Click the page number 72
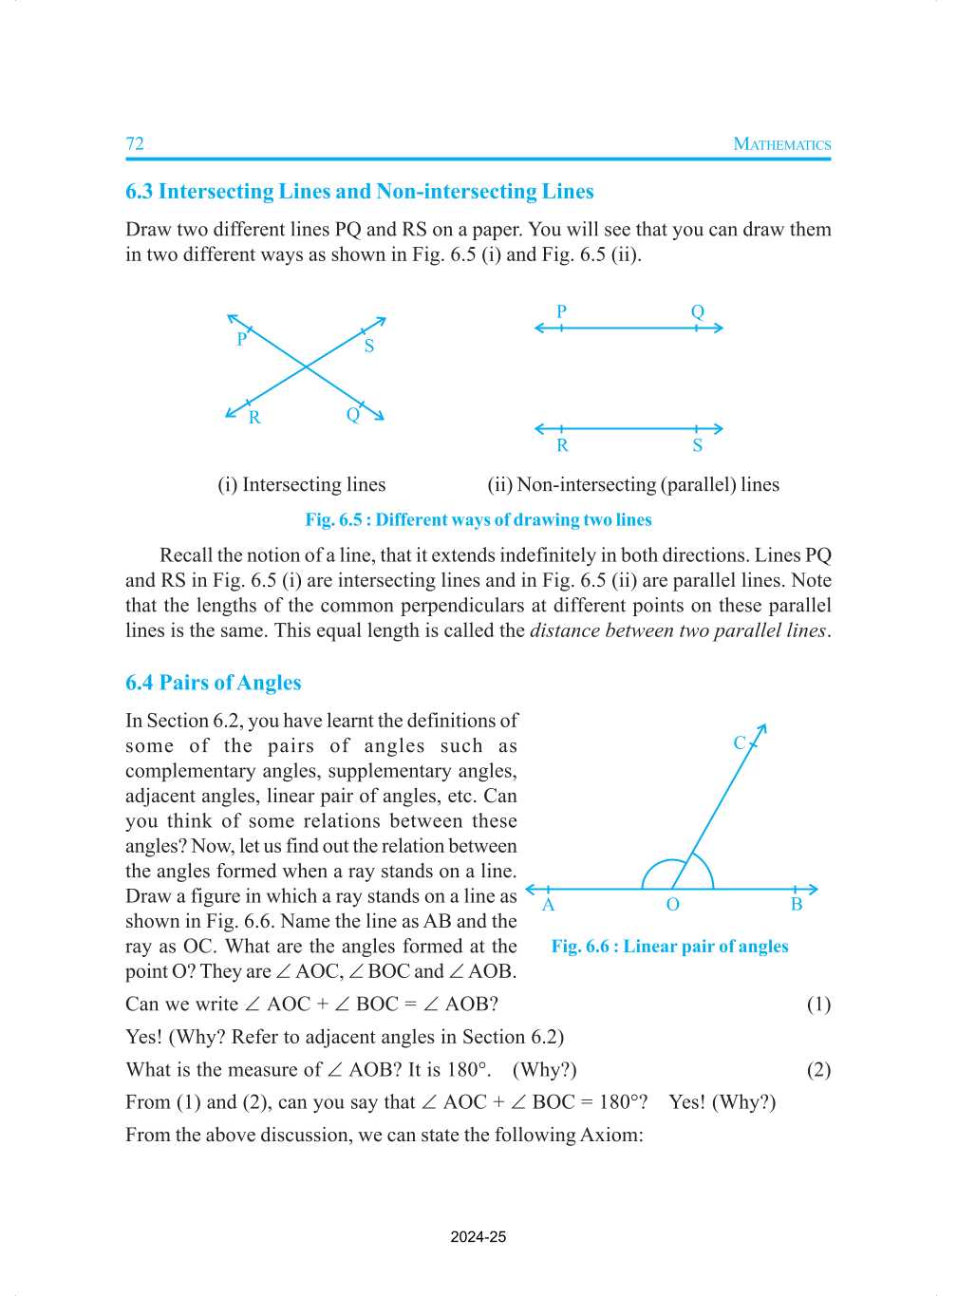(x=135, y=143)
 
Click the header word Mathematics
(x=781, y=144)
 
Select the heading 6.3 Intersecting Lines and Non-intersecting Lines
(x=359, y=191)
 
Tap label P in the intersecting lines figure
(x=241, y=339)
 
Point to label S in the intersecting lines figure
(x=369, y=347)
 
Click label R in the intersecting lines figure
(x=254, y=418)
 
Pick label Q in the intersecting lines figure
(x=352, y=415)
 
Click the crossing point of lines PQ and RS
(x=306, y=366)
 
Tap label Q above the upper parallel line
(x=698, y=311)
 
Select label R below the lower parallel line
(x=562, y=445)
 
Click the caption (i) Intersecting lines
(x=302, y=484)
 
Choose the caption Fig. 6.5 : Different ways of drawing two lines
(x=478, y=519)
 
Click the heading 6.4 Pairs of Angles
(x=214, y=683)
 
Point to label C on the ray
(x=740, y=742)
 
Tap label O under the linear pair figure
(x=672, y=905)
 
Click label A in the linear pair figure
(x=548, y=905)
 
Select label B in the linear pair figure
(x=797, y=905)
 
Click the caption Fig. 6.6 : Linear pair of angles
(x=669, y=946)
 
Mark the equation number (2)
(x=818, y=1070)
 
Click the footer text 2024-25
(x=478, y=1236)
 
